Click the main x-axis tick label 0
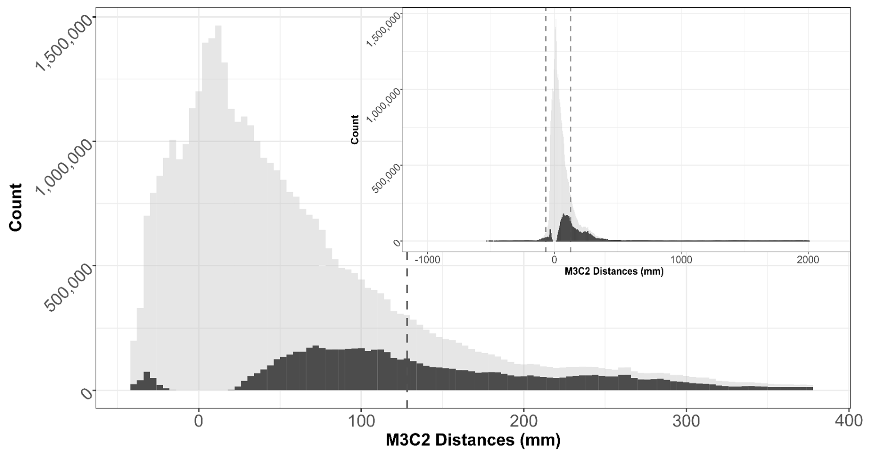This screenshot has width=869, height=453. click(x=199, y=422)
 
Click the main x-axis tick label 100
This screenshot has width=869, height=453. click(x=361, y=422)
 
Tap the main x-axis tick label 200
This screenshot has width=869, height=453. click(x=523, y=422)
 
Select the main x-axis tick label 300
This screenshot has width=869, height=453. click(x=686, y=422)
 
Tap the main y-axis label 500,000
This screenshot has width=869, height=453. click(x=69, y=288)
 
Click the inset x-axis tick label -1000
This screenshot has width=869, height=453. click(x=427, y=260)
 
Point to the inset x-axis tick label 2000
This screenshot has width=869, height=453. click(x=808, y=260)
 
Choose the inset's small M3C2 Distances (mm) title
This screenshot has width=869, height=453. click(x=614, y=272)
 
